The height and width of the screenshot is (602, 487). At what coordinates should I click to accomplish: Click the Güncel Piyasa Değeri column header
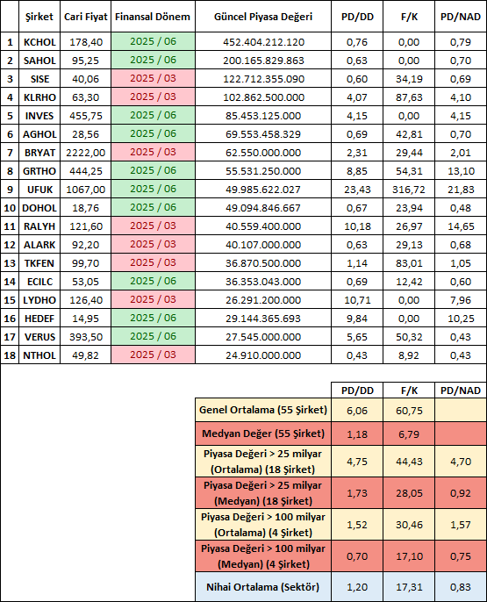point(263,17)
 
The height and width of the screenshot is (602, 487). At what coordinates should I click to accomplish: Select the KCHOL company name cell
point(39,42)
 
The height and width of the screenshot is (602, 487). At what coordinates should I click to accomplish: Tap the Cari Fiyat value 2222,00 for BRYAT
point(86,153)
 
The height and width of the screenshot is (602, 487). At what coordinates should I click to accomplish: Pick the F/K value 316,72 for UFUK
point(409,190)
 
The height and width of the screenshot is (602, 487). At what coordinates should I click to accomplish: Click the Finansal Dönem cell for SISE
point(154,79)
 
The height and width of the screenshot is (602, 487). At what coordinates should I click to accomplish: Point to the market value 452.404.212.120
point(263,42)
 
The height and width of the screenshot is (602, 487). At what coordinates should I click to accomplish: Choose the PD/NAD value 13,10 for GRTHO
point(461,171)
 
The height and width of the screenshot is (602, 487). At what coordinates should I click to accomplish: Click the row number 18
point(10,355)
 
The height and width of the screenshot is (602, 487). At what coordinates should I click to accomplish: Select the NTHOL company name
point(39,355)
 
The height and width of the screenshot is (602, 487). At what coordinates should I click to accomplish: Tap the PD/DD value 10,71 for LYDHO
point(357,300)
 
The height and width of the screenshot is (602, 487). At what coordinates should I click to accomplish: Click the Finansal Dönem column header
point(153,17)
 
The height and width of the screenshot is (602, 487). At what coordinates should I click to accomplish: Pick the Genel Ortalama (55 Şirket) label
point(263,410)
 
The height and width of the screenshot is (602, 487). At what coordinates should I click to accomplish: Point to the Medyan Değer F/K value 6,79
point(409,434)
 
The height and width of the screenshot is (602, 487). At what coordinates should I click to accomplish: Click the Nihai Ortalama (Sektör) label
point(263,587)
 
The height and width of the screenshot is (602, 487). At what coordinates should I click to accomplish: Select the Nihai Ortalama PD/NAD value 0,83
point(461,587)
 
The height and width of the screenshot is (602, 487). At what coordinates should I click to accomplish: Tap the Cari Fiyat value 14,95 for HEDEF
point(86,319)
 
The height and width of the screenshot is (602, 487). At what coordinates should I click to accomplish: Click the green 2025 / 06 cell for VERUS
point(154,337)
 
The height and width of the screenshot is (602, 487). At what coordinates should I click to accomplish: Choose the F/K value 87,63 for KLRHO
point(409,97)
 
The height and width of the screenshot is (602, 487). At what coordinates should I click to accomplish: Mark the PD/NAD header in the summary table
point(461,391)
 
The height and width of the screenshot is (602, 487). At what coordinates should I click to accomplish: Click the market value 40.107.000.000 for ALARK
point(263,245)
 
